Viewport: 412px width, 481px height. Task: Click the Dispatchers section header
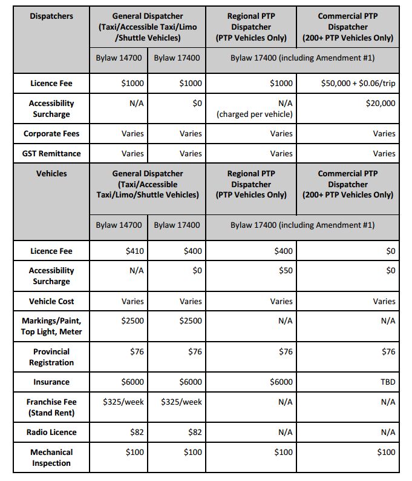[51, 16]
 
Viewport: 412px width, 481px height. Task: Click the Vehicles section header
[51, 173]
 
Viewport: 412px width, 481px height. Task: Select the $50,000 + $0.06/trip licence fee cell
[358, 84]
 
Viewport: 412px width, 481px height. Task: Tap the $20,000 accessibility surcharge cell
[380, 104]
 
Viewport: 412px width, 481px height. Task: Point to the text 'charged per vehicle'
[255, 114]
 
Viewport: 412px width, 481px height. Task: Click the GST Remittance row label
[51, 154]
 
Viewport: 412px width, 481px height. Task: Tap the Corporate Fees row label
[51, 134]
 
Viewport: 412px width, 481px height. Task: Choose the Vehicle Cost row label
[51, 302]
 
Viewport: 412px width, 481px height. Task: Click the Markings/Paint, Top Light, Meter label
[51, 326]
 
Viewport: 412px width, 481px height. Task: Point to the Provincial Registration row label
[51, 357]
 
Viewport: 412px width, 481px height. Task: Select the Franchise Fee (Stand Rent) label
[51, 407]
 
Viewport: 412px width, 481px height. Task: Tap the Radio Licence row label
[51, 433]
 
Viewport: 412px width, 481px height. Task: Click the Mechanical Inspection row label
[51, 457]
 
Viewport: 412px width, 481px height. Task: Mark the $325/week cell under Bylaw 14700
[123, 402]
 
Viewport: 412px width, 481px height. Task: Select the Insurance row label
[51, 382]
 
